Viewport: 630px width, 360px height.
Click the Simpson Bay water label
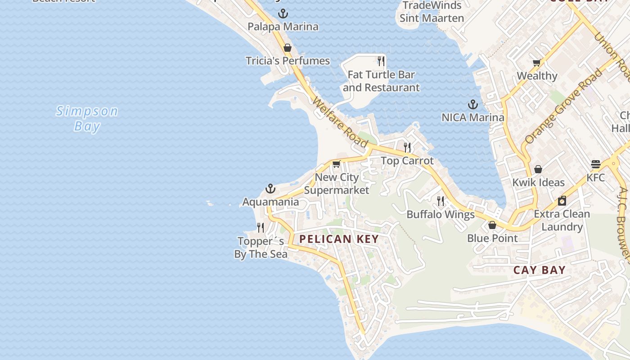[x=87, y=118]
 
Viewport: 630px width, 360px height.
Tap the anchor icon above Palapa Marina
[x=283, y=13]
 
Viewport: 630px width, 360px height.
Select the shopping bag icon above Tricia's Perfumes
[x=288, y=48]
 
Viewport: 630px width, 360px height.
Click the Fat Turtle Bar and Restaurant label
[x=381, y=81]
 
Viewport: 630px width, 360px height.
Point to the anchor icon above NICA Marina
[x=472, y=105]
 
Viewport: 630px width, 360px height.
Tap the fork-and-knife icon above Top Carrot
[x=407, y=147]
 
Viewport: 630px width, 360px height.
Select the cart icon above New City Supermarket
[x=337, y=164]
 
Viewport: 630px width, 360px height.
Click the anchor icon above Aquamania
[x=270, y=188]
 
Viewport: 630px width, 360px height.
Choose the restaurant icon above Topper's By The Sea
[x=261, y=228]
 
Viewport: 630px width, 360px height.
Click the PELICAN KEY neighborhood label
[x=339, y=239]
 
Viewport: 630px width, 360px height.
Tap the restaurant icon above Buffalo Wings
[x=441, y=201]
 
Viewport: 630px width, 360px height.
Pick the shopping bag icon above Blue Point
[x=492, y=225]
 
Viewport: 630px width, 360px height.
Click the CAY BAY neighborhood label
[x=540, y=270]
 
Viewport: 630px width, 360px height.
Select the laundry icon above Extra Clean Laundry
[x=562, y=201]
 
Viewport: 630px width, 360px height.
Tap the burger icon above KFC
[x=596, y=164]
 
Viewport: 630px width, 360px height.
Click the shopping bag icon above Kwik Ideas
[x=538, y=169]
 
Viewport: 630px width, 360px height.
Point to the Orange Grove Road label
[x=564, y=106]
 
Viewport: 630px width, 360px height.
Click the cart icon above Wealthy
[x=536, y=63]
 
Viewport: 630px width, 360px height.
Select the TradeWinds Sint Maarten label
[x=432, y=12]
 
